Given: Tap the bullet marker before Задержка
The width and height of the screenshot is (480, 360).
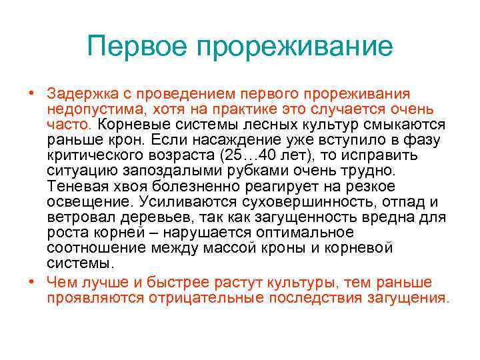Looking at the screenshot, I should (31, 94).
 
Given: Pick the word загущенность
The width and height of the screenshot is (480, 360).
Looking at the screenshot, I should (325, 217).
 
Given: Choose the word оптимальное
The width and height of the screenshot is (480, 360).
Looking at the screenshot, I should (305, 233).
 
